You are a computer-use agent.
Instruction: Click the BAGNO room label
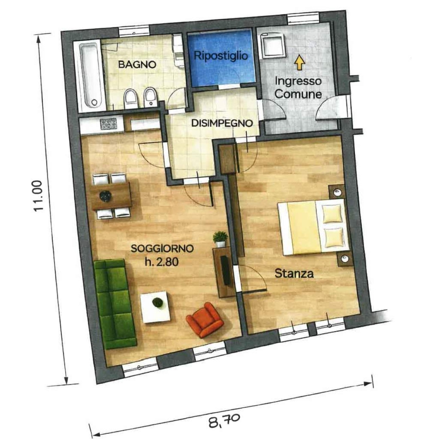click(137, 64)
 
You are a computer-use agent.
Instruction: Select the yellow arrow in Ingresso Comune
click(300, 63)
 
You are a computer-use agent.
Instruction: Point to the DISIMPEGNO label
click(222, 123)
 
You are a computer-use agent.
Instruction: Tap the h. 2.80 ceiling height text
click(162, 262)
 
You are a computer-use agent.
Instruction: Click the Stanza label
click(294, 273)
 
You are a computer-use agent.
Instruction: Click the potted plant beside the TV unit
click(220, 239)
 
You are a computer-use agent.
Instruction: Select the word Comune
click(298, 94)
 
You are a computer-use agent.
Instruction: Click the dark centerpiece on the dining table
click(106, 196)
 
